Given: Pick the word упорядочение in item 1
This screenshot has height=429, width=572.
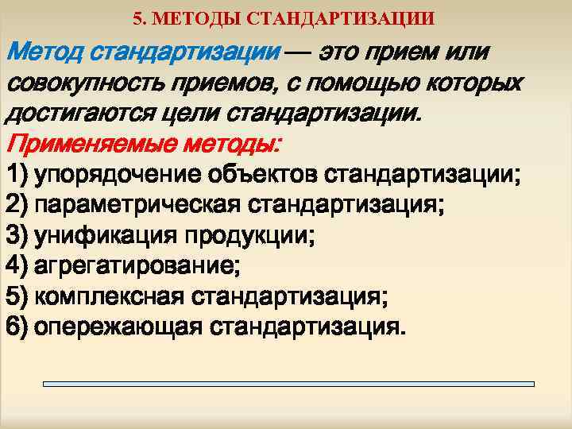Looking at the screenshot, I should tap(121, 176).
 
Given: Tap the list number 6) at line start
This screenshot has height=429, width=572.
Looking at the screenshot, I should tap(17, 327).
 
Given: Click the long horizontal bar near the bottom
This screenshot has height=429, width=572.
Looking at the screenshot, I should tap(288, 384).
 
